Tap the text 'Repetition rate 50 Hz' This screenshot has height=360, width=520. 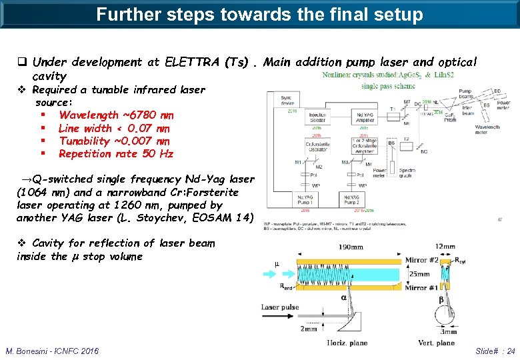[x=115, y=154]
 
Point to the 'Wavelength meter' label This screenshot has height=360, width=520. [x=488, y=129]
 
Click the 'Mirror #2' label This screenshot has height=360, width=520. [x=422, y=259]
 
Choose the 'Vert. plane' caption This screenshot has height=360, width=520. [x=436, y=343]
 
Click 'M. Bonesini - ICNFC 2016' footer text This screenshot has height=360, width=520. [x=52, y=351]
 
